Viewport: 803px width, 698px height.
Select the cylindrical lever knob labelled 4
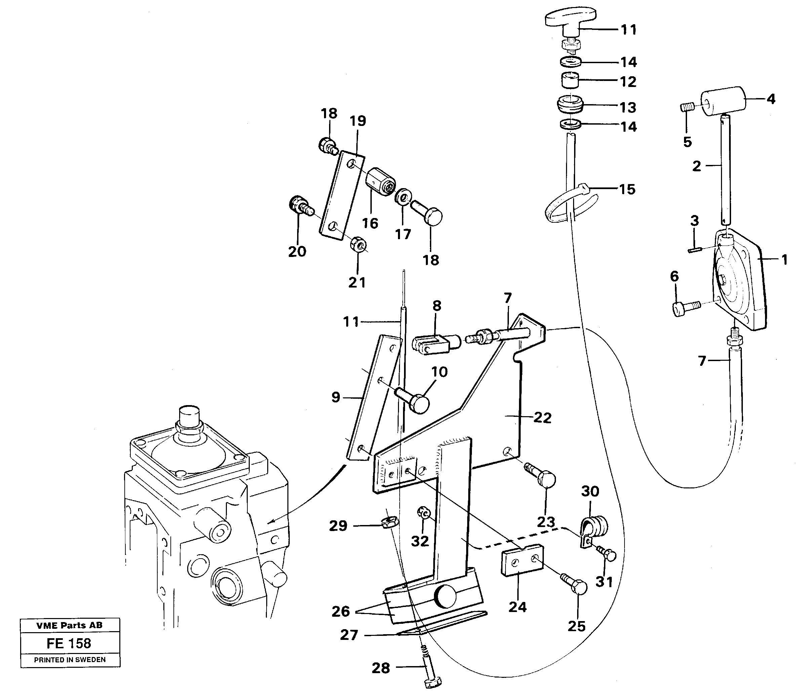click(723, 101)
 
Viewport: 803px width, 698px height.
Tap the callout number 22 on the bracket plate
click(542, 418)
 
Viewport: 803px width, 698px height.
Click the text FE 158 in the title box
click(69, 643)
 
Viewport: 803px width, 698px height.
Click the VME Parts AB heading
click(69, 625)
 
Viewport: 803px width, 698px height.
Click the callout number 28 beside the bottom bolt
click(380, 668)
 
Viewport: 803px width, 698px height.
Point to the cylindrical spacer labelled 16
click(380, 182)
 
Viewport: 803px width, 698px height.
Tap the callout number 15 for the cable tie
click(627, 189)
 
